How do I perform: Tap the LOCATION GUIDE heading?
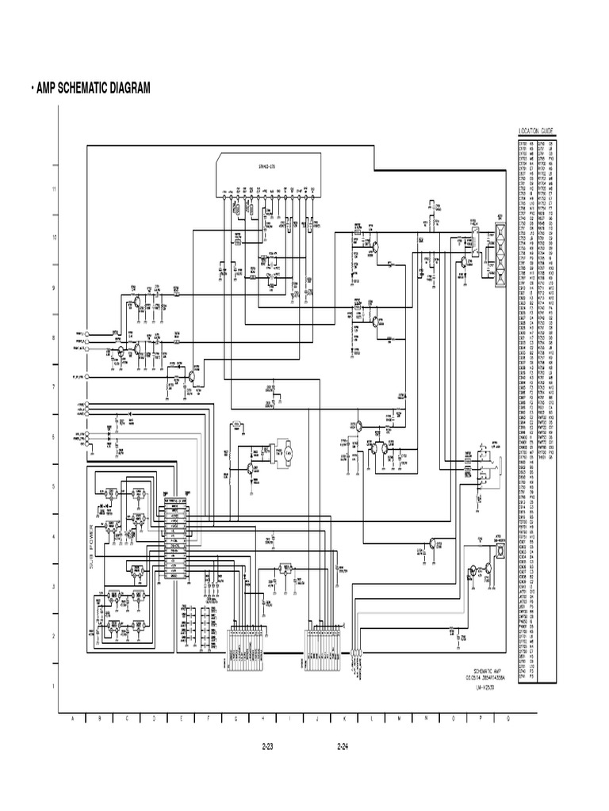click(536, 131)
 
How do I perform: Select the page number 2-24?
click(343, 747)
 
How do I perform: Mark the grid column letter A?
click(73, 718)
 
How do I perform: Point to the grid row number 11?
click(55, 189)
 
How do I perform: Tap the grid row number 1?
click(55, 686)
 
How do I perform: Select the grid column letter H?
click(262, 718)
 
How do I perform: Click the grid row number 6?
click(55, 437)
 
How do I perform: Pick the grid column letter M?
click(399, 718)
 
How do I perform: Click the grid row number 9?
click(55, 288)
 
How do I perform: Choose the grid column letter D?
click(154, 718)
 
